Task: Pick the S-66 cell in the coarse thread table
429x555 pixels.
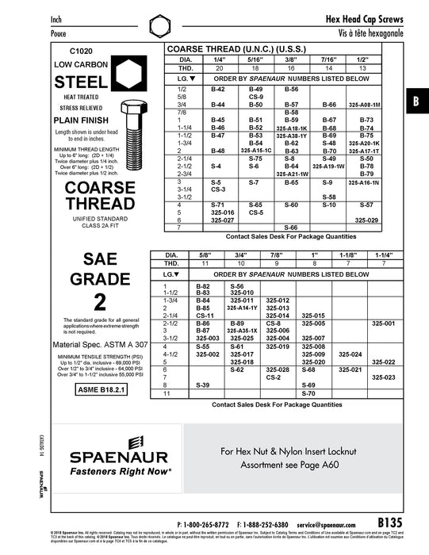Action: click(291, 228)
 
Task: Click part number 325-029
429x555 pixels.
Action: click(366, 220)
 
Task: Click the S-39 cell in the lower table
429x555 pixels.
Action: click(202, 385)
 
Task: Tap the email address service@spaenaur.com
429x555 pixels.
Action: click(326, 525)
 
